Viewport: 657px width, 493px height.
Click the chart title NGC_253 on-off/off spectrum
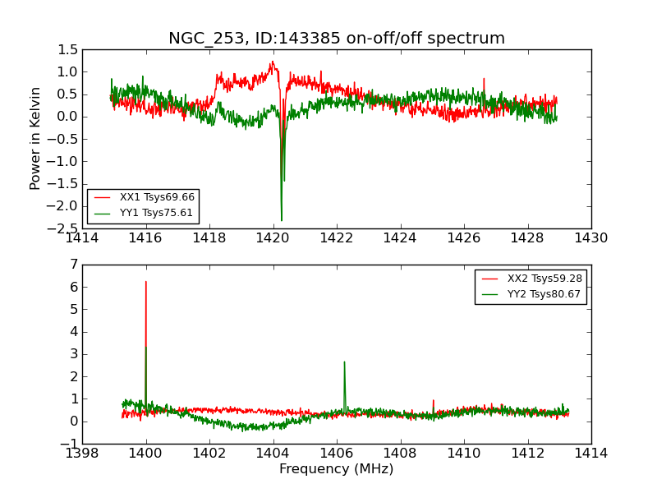pyautogui.click(x=337, y=39)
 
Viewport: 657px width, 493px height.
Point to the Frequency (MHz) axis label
pyautogui.click(x=337, y=469)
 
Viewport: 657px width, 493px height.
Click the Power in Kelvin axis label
pyautogui.click(x=36, y=138)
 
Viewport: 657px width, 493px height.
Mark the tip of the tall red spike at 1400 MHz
pyautogui.click(x=146, y=282)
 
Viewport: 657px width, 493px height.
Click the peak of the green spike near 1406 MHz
pyautogui.click(x=344, y=362)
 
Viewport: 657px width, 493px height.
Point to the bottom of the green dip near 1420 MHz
pyautogui.click(x=281, y=219)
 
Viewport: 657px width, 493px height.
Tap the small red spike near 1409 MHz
pyautogui.click(x=434, y=401)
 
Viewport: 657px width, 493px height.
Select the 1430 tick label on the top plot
pyautogui.click(x=590, y=238)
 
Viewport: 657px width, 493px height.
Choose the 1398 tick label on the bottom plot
pyautogui.click(x=82, y=454)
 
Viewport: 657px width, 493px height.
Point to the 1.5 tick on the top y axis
pyautogui.click(x=68, y=50)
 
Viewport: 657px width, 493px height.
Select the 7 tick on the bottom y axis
pyautogui.click(x=74, y=265)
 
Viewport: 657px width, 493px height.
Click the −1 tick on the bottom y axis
pyautogui.click(x=69, y=444)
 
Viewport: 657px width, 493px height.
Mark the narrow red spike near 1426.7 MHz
pyautogui.click(x=484, y=80)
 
